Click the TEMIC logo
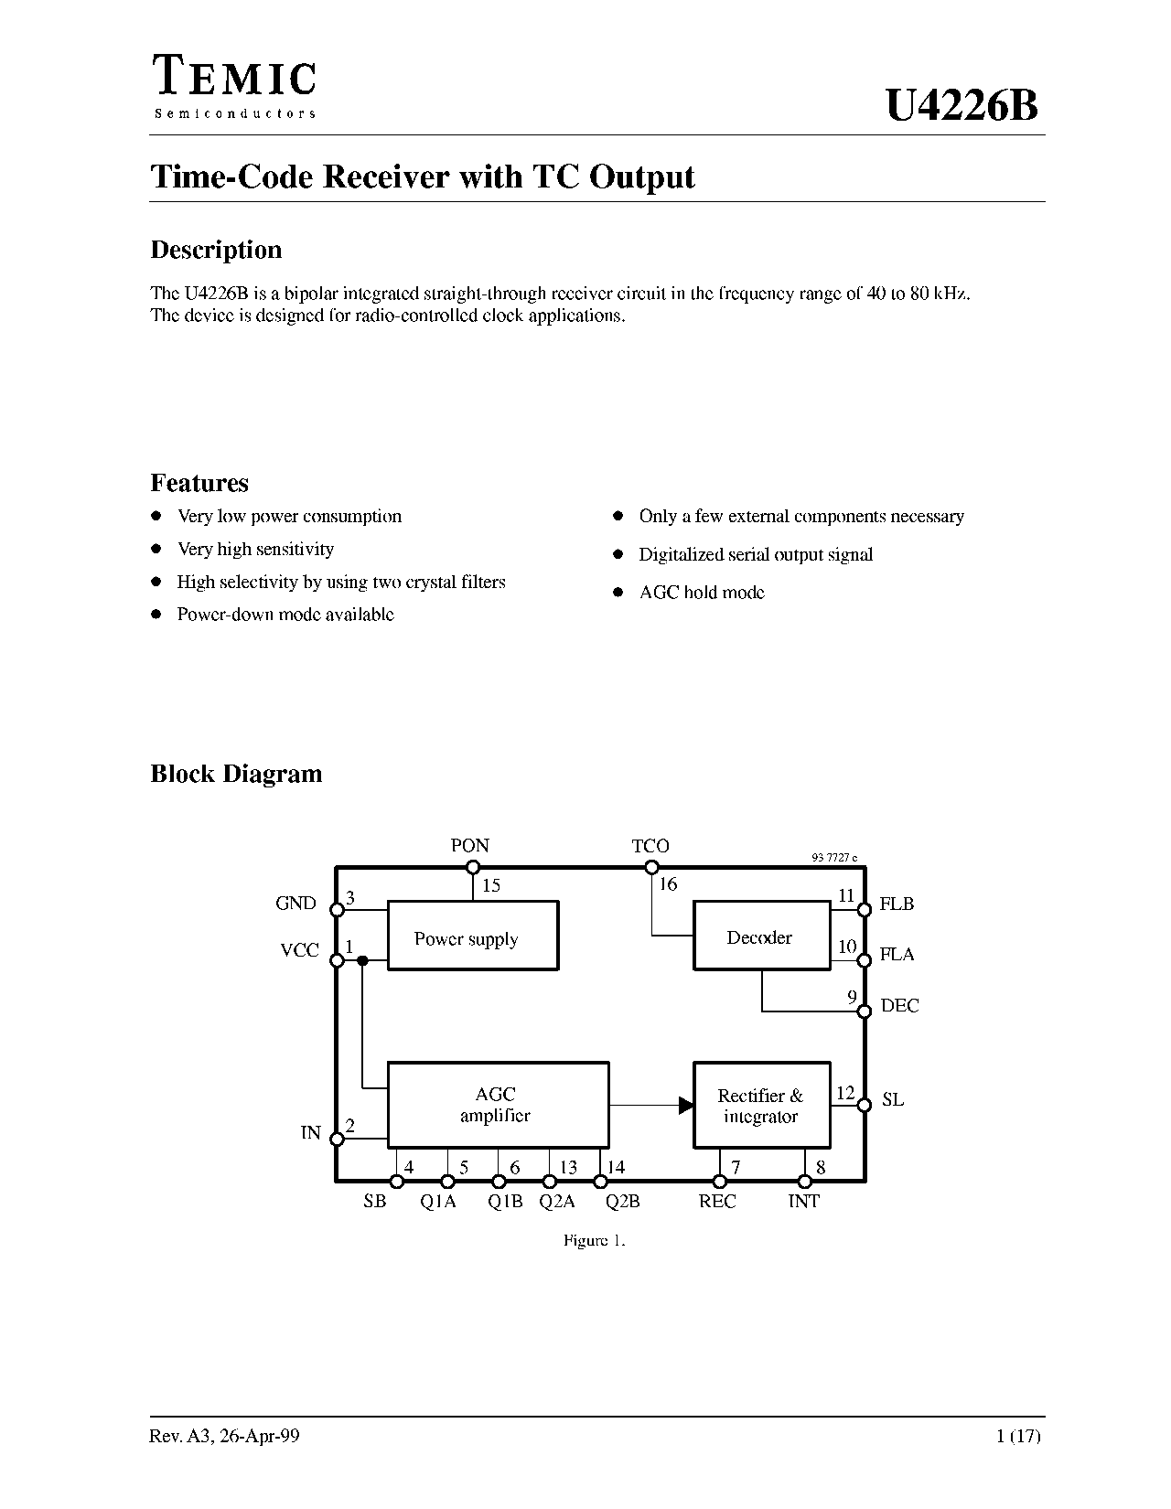[x=235, y=86]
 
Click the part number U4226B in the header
[x=962, y=106]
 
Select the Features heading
[x=199, y=483]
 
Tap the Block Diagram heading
[x=236, y=774]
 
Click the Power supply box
[x=473, y=935]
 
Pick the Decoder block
[x=762, y=935]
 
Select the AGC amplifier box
[x=498, y=1104]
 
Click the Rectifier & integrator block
[x=762, y=1104]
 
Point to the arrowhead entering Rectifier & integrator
[x=686, y=1105]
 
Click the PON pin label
[x=470, y=845]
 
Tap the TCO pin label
[x=650, y=846]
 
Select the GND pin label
[x=295, y=903]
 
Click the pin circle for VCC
[x=337, y=960]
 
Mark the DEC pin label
[x=899, y=1005]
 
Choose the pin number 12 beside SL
[x=845, y=1093]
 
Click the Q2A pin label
[x=557, y=1202]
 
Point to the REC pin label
[x=716, y=1202]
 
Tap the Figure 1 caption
[x=595, y=1240]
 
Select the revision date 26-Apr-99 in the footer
[x=259, y=1436]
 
